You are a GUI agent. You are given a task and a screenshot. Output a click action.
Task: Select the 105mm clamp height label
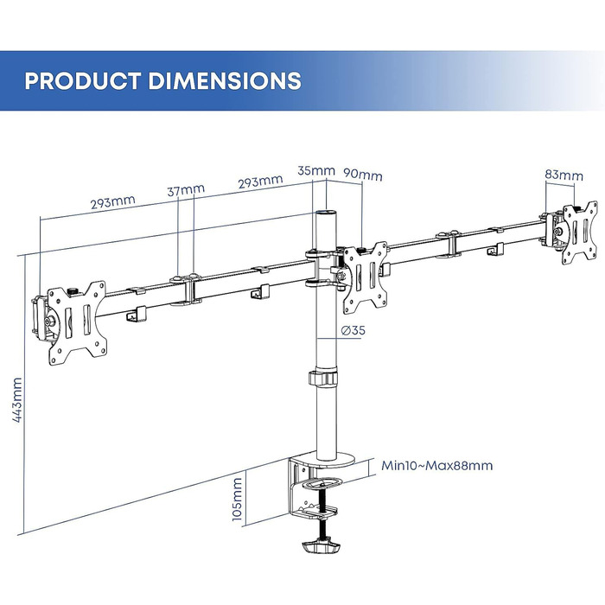pyautogui.click(x=238, y=499)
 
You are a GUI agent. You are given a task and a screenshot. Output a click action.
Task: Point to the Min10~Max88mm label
pyautogui.click(x=437, y=466)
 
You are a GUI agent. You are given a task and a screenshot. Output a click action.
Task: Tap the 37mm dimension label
pyautogui.click(x=188, y=189)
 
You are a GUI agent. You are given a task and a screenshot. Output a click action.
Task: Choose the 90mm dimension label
pyautogui.click(x=363, y=175)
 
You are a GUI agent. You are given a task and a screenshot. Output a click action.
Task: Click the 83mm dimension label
pyautogui.click(x=564, y=175)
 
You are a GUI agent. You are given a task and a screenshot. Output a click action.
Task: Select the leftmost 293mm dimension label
pyautogui.click(x=112, y=202)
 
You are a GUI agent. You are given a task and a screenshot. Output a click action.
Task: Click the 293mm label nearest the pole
pyautogui.click(x=260, y=181)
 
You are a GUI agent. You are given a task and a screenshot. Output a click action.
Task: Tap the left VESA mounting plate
pyautogui.click(x=74, y=314)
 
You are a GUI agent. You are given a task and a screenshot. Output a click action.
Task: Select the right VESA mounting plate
pyautogui.click(x=575, y=231)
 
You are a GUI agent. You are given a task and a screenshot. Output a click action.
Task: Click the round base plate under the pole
pyautogui.click(x=329, y=459)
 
